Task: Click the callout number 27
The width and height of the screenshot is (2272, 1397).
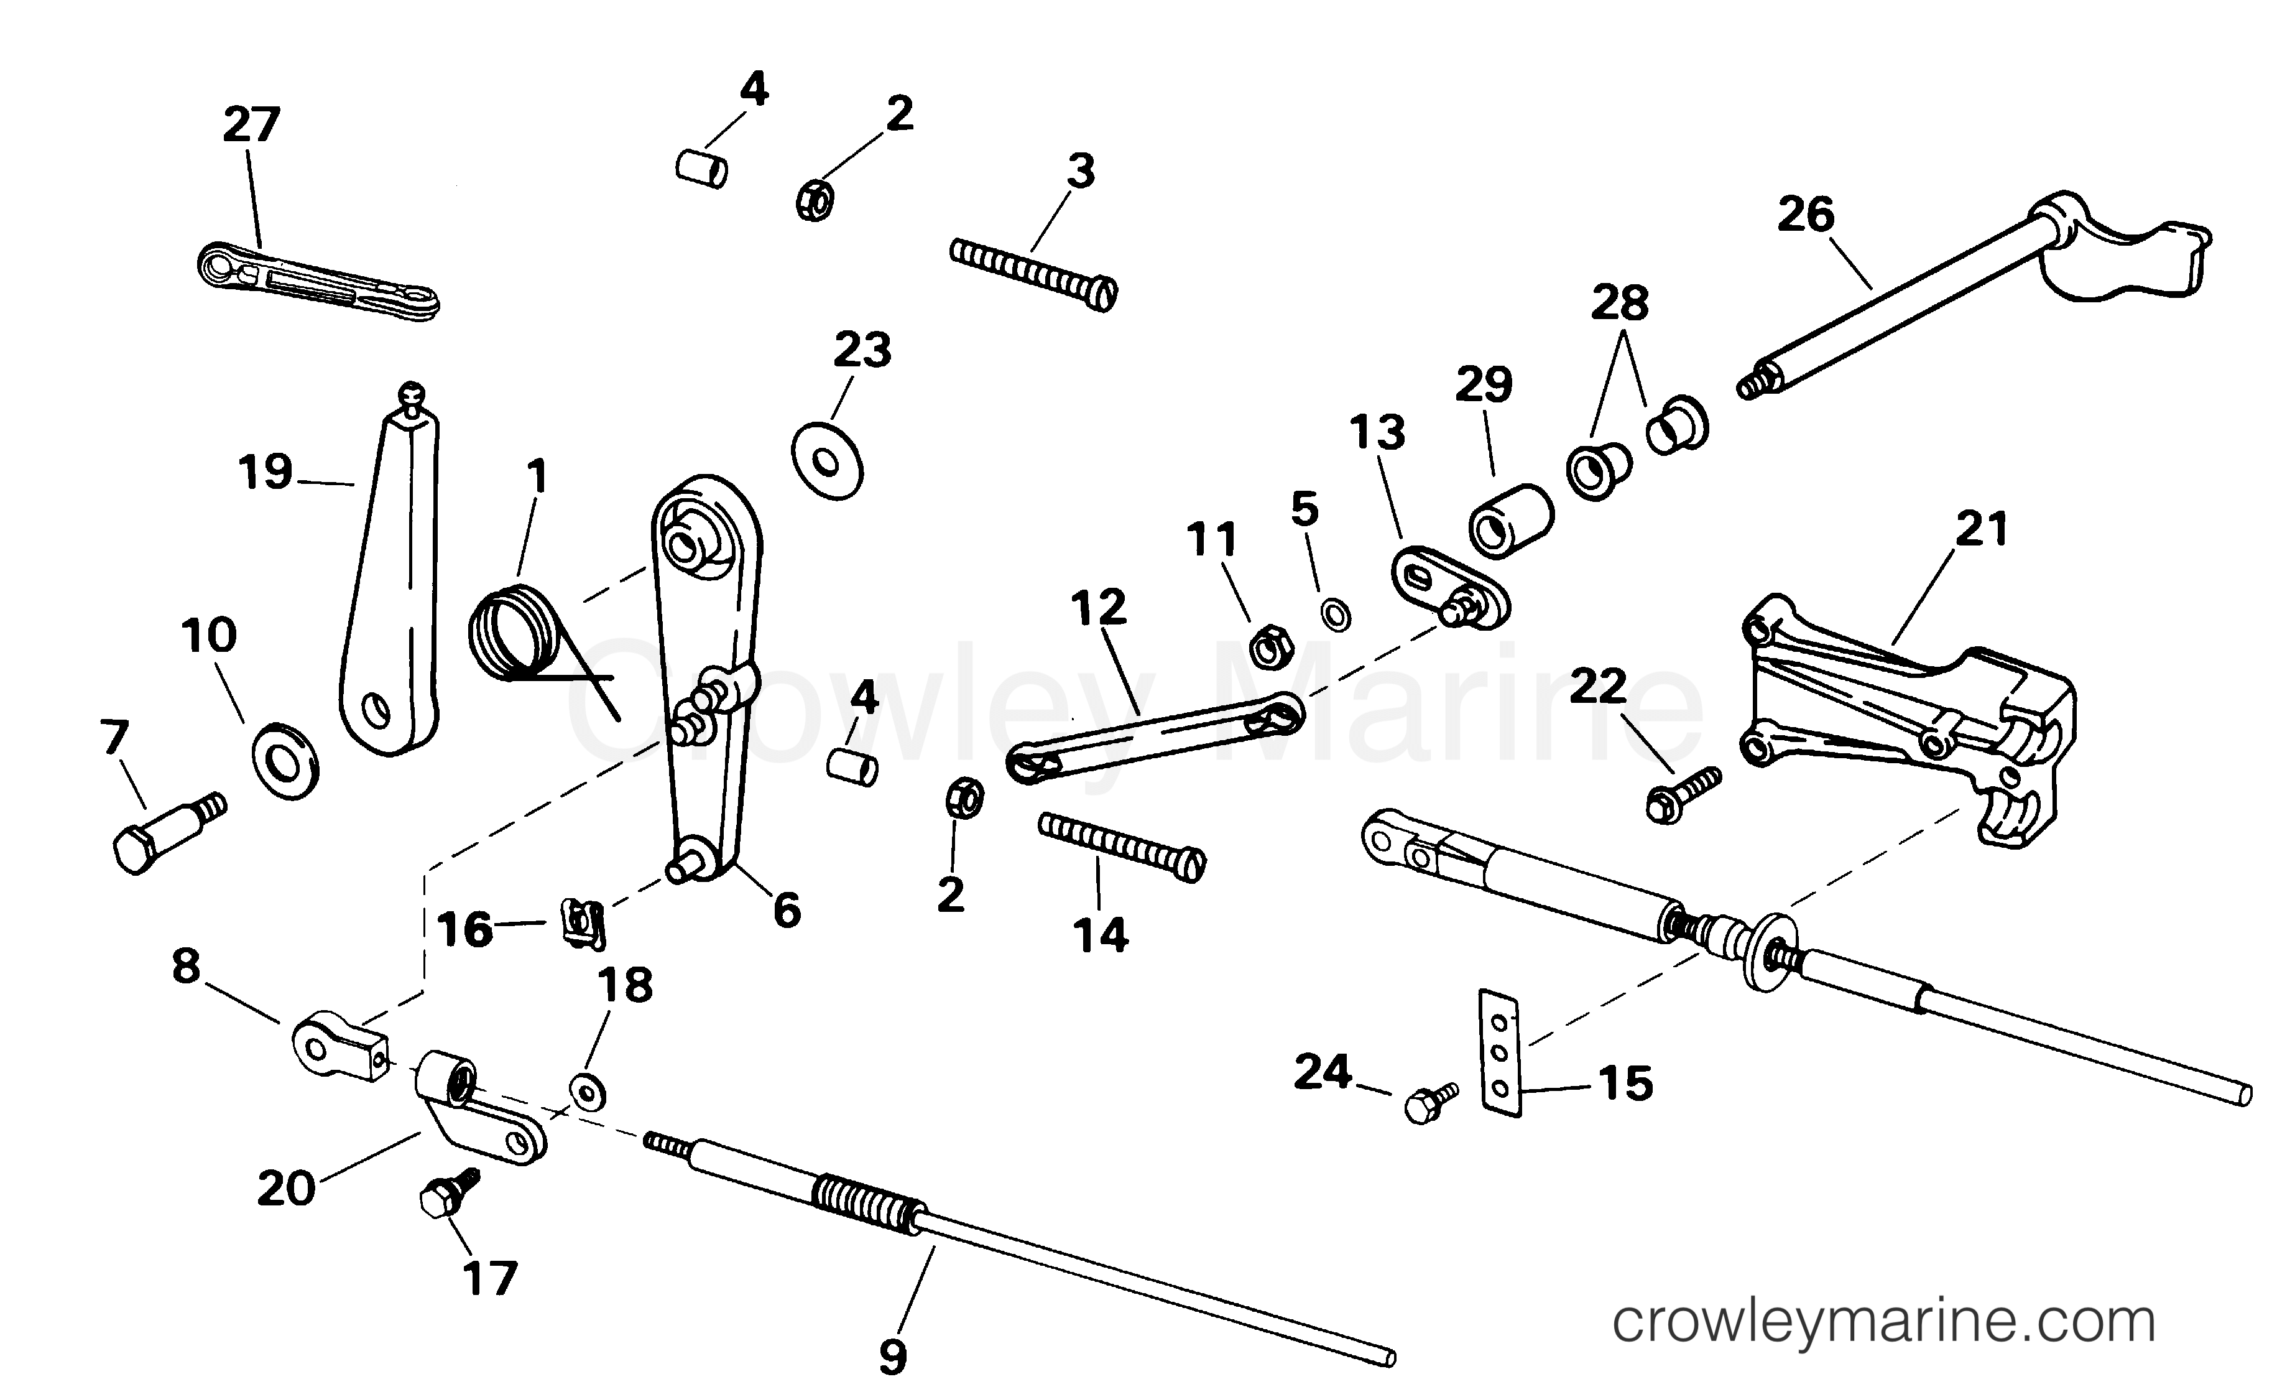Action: tap(251, 125)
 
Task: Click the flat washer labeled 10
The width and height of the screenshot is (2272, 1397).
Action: tap(285, 762)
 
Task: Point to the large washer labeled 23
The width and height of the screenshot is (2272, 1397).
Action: tap(826, 462)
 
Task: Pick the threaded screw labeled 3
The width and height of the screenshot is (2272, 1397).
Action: tap(1035, 274)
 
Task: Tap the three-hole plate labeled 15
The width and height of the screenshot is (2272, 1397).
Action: tap(1500, 1053)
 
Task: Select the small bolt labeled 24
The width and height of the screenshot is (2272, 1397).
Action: tap(1429, 1102)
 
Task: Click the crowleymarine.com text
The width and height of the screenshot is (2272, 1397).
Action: tap(1883, 1322)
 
